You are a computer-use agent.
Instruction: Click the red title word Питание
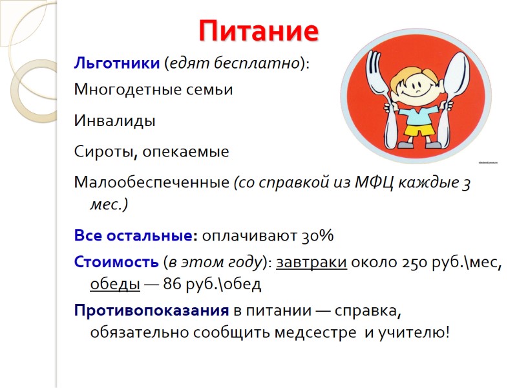click(258, 30)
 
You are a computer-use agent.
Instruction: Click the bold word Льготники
click(117, 64)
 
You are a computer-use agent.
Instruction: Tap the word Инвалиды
click(115, 121)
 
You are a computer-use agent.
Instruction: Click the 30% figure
click(317, 236)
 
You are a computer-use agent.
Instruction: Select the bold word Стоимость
click(116, 263)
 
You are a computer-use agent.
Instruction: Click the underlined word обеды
click(114, 284)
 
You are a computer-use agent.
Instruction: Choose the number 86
click(173, 284)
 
